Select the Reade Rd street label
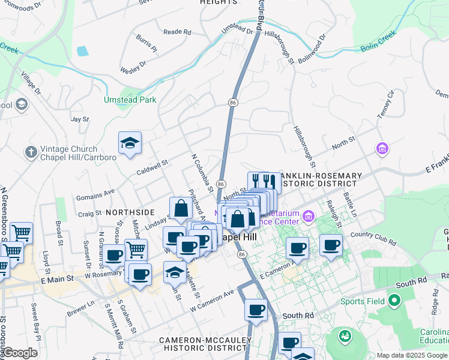pyautogui.click(x=177, y=32)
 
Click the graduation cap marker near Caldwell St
pyautogui.click(x=130, y=143)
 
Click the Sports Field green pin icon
pyautogui.click(x=394, y=299)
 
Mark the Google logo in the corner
pyautogui.click(x=20, y=353)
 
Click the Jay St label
pyautogui.click(x=80, y=119)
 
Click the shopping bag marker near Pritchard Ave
pyautogui.click(x=181, y=209)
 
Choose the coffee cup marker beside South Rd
pyautogui.click(x=256, y=310)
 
